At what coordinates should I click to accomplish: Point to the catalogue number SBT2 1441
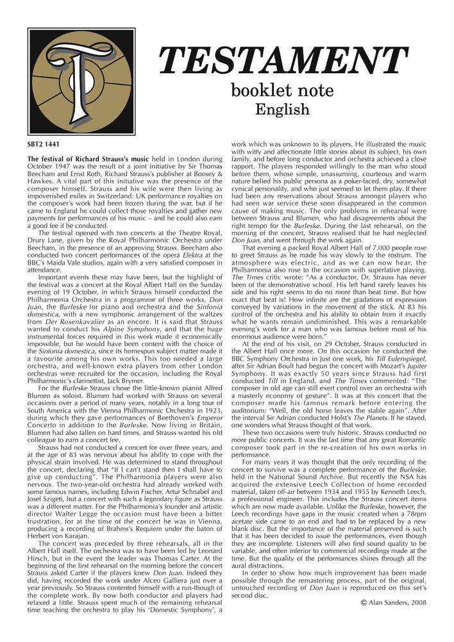click(x=42, y=145)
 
